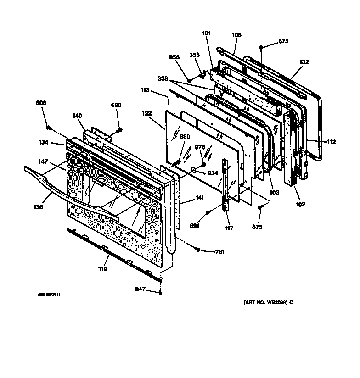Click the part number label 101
[206, 33]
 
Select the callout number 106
[236, 35]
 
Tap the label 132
[304, 62]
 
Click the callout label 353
[195, 55]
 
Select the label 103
[274, 193]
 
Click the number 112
[331, 142]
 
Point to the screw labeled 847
[161, 293]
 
